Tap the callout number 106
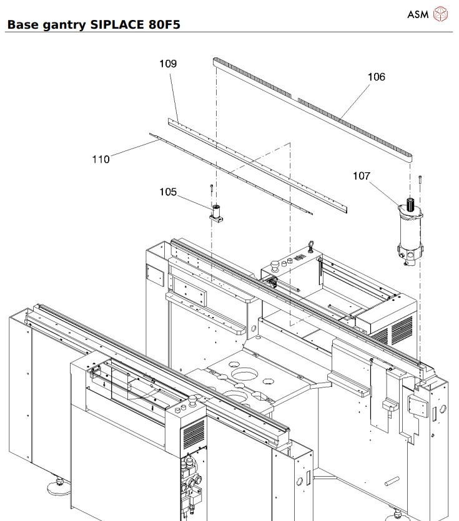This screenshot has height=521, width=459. [x=376, y=77]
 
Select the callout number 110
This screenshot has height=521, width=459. [x=101, y=159]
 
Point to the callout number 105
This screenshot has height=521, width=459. [x=167, y=192]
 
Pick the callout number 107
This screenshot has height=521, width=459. [x=362, y=176]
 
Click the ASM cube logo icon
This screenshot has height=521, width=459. [x=441, y=13]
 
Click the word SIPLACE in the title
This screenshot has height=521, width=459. [x=118, y=26]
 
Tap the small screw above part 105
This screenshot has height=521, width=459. [x=212, y=188]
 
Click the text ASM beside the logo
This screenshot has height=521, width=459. [x=418, y=13]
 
